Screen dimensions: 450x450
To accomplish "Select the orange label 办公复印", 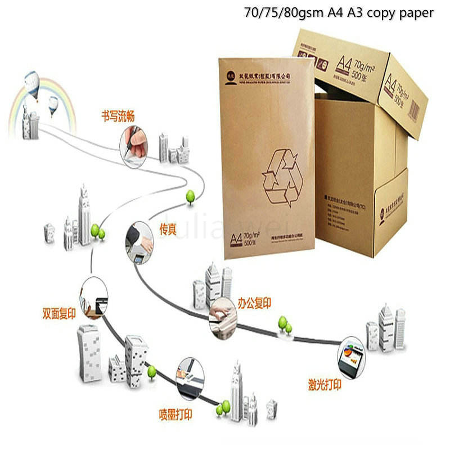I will click(254, 304).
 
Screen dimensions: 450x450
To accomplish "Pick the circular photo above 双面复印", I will click(94, 295).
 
